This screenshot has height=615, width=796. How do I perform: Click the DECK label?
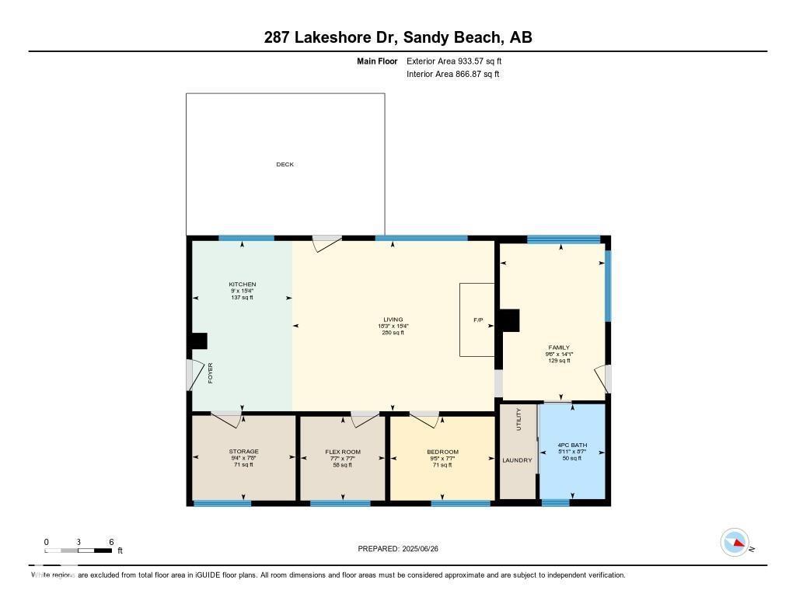[285, 164]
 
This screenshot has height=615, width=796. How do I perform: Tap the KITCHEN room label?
[242, 285]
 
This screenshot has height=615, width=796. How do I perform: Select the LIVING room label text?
[393, 320]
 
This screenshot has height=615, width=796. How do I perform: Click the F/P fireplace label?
[478, 320]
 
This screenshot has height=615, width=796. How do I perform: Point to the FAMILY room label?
[558, 348]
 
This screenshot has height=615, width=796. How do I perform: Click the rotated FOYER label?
[210, 373]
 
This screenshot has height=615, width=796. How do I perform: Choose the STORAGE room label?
[243, 452]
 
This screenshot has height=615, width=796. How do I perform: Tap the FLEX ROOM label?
[343, 452]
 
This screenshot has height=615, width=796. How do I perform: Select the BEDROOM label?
[442, 452]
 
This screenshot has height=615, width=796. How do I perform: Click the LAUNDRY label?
[517, 460]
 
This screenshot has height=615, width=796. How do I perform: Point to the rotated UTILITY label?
[519, 421]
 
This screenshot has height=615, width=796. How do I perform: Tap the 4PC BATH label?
[572, 446]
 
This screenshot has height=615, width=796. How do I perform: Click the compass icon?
[735, 542]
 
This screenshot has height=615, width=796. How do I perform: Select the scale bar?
[79, 550]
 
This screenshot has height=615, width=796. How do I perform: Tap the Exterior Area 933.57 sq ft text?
[459, 61]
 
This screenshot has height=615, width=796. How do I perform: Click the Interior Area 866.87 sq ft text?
[452, 75]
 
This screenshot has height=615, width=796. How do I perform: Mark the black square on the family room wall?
[509, 320]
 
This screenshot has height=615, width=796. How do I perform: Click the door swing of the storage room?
[226, 420]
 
